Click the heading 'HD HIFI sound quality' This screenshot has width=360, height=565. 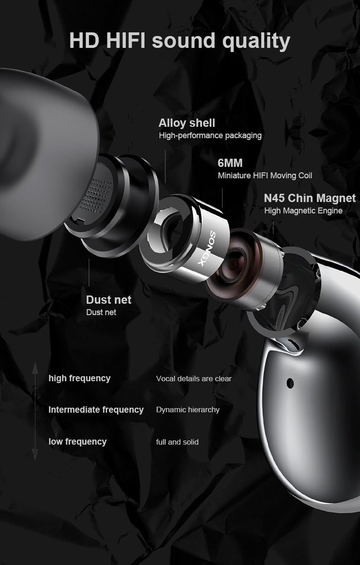coord(180,41)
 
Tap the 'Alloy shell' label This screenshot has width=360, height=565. coord(187,123)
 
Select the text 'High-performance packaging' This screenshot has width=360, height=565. coord(210,136)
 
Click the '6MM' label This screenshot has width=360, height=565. coord(230,163)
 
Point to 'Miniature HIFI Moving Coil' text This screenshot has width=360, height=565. coord(265,176)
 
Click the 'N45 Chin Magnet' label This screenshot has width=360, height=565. coord(310,198)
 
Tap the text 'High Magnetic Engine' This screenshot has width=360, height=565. coord(303,211)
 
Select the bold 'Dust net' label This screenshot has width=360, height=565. coord(108,300)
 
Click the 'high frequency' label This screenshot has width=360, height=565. coord(80,378)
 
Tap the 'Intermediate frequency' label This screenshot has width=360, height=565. coord(96,409)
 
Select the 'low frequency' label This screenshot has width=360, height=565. coord(77,442)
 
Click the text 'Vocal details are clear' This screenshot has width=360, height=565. coord(194,378)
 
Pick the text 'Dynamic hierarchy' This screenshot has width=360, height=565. coord(188,409)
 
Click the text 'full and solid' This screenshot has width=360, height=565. coord(177,442)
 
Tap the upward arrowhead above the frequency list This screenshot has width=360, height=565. coord(35,368)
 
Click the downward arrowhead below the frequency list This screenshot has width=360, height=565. coord(35,455)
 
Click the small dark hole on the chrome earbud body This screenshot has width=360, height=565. coord(290,384)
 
